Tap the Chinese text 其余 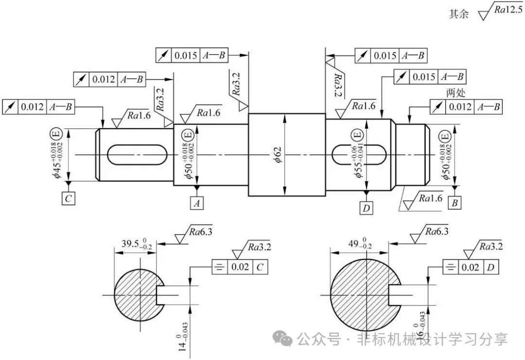click(x=459, y=14)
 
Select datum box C click(x=69, y=198)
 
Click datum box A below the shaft click(x=197, y=203)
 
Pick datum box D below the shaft click(x=367, y=208)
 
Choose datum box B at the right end click(x=455, y=202)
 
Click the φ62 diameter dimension click(x=278, y=155)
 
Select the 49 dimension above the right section click(x=360, y=244)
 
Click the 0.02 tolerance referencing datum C click(x=240, y=267)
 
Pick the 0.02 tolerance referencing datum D click(x=471, y=267)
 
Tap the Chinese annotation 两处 click(x=455, y=92)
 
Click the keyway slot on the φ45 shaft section click(x=137, y=155)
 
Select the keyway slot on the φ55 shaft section click(x=359, y=155)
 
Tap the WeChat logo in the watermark click(x=282, y=339)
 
